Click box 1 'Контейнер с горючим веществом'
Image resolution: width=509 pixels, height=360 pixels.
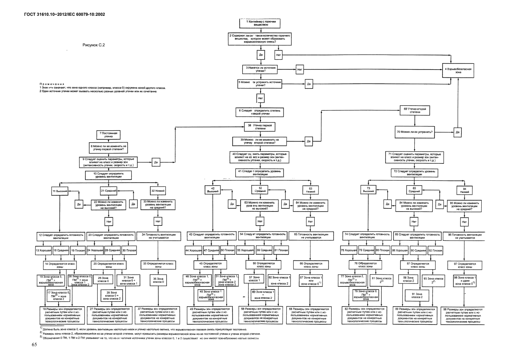click(x=260, y=23)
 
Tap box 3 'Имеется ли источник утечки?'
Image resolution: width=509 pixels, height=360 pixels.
click(x=260, y=69)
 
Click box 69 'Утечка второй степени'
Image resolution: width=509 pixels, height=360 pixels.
click(x=415, y=110)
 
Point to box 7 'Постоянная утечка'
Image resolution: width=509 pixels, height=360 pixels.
click(x=108, y=134)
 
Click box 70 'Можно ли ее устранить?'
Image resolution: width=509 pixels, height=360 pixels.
click(x=414, y=132)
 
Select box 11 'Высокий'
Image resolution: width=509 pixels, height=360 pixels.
click(x=60, y=191)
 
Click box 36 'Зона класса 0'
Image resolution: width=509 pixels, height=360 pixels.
click(x=158, y=280)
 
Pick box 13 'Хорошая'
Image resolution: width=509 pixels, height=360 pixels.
click(x=42, y=250)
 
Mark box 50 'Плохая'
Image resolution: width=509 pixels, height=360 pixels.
click(x=227, y=250)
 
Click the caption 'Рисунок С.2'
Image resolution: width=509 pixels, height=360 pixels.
click(x=94, y=45)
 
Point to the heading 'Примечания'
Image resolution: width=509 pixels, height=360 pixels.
click(x=52, y=83)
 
